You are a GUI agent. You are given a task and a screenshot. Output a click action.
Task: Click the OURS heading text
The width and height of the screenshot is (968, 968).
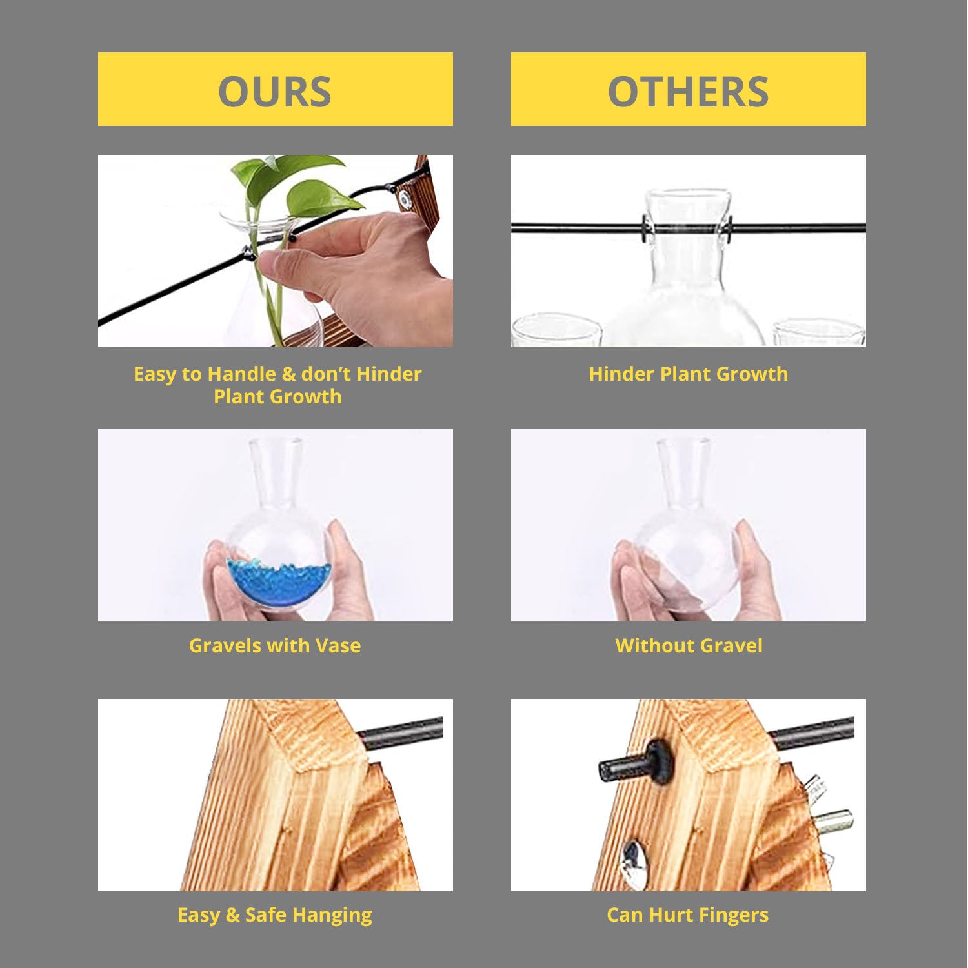coord(275,92)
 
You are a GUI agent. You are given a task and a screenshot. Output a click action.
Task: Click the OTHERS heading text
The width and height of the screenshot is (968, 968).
coord(688,92)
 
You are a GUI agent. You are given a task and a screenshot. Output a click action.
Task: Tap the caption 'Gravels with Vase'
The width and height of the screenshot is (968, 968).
coord(275,645)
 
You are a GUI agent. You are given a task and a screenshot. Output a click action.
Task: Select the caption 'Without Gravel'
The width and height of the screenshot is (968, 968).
coord(689,645)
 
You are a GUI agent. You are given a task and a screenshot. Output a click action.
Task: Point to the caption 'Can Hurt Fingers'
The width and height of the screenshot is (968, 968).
coord(688,915)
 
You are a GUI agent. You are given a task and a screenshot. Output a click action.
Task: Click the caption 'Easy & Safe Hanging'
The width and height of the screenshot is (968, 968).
coord(275,915)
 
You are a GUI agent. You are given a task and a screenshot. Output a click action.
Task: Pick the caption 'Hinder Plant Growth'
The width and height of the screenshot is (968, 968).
coord(689,374)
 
